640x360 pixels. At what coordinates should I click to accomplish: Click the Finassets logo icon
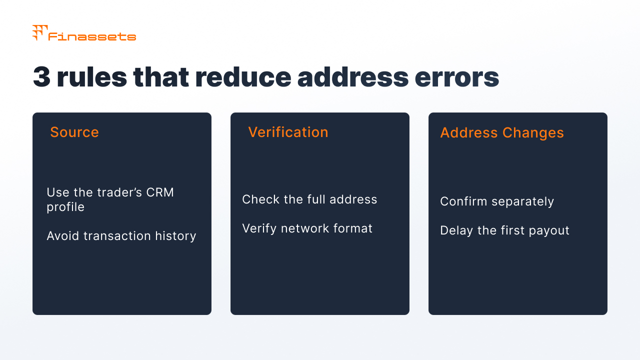(x=39, y=32)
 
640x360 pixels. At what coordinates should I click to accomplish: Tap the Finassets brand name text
(x=92, y=36)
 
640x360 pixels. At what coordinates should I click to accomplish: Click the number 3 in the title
(x=41, y=77)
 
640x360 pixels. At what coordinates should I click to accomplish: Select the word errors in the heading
(x=456, y=77)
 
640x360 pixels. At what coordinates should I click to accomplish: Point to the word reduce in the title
(x=243, y=77)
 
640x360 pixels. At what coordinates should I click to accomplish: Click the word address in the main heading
(x=353, y=77)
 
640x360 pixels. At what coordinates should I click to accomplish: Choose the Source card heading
(x=74, y=132)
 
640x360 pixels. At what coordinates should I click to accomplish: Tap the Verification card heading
(x=288, y=132)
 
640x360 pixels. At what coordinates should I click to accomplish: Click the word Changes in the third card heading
(x=533, y=133)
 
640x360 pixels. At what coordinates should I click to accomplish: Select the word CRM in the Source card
(x=160, y=192)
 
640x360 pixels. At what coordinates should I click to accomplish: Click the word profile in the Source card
(x=65, y=207)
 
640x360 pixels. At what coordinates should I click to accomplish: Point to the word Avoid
(x=63, y=236)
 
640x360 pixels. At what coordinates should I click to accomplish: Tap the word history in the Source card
(x=175, y=236)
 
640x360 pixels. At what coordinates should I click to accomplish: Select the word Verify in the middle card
(x=259, y=228)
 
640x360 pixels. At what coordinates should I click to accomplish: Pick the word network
(x=305, y=228)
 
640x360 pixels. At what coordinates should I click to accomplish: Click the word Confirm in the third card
(x=463, y=201)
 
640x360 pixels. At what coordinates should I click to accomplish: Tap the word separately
(x=522, y=201)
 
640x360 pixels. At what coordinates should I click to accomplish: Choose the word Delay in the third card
(x=456, y=230)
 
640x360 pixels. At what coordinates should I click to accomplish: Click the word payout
(x=549, y=231)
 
